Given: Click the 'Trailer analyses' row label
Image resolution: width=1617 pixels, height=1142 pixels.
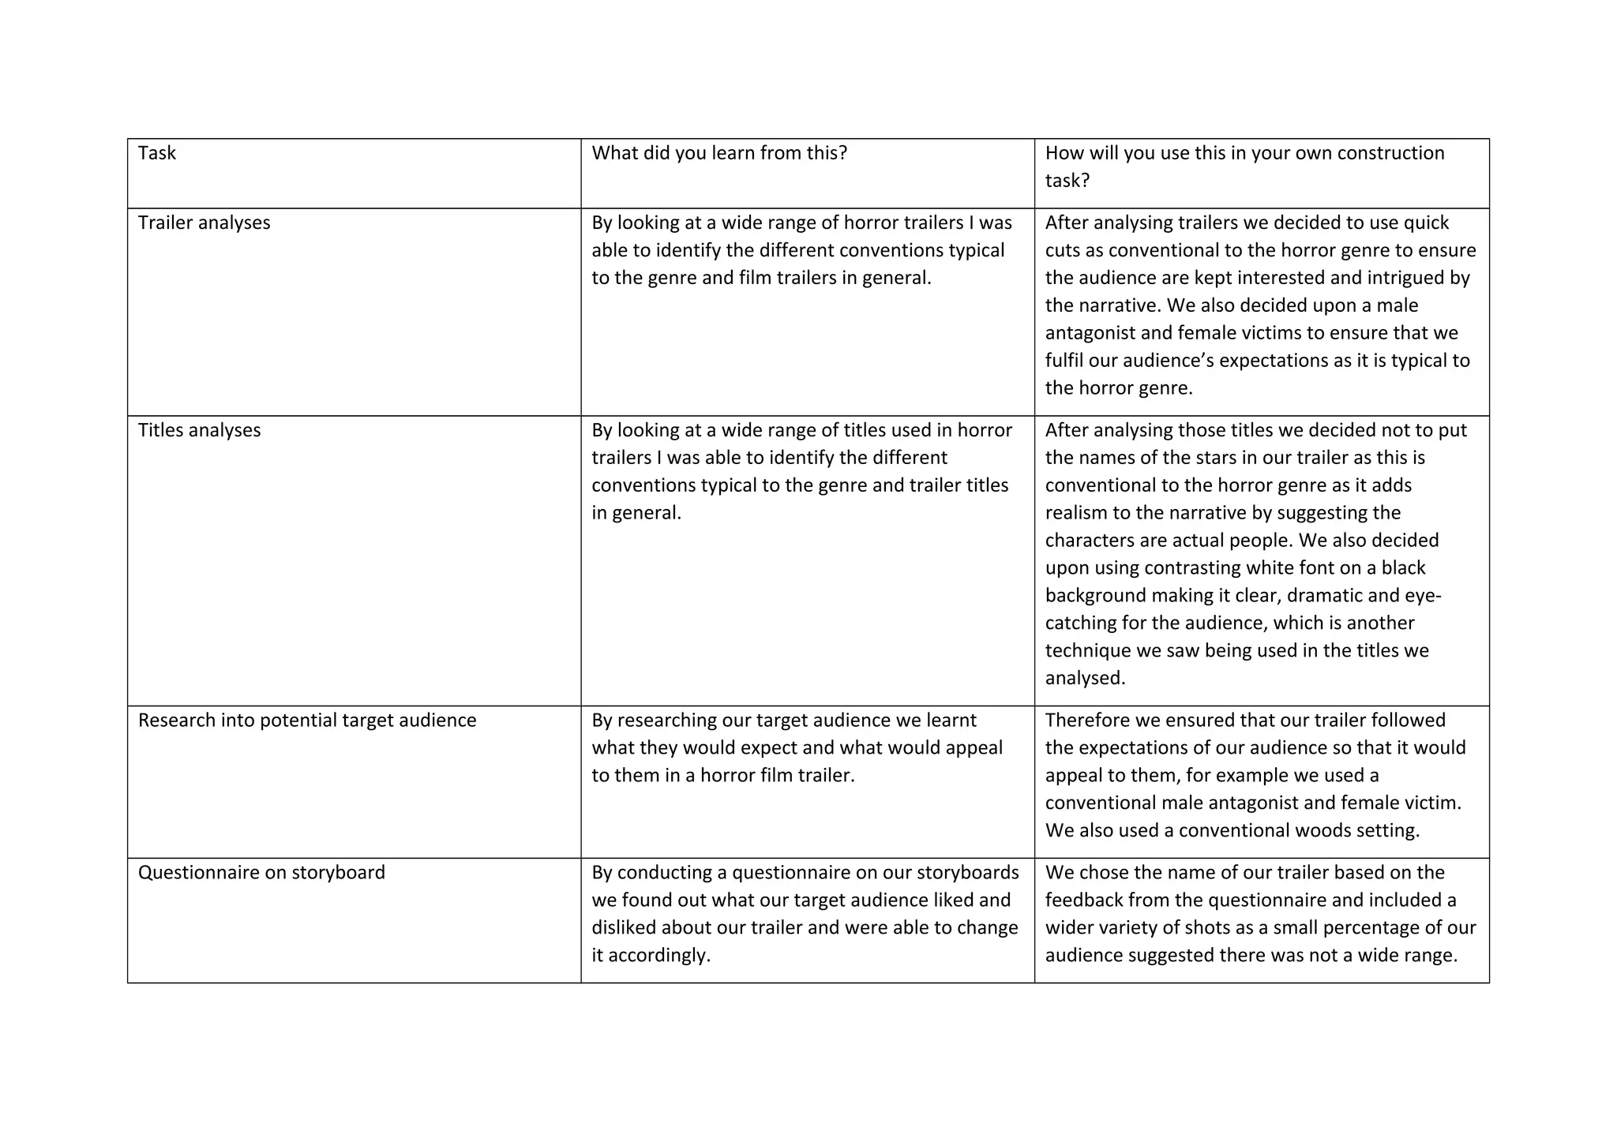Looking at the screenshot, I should coord(204,223).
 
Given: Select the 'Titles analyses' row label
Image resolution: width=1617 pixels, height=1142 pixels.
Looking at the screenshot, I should coord(199,430).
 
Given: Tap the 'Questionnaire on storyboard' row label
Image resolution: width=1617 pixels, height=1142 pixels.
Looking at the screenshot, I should coord(261,872).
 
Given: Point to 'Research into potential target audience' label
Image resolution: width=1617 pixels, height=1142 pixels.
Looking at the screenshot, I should coord(307,720).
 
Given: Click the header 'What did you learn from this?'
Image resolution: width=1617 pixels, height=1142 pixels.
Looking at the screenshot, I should coord(719,152).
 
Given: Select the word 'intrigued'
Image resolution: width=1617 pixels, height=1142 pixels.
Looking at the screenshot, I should coord(1383,278).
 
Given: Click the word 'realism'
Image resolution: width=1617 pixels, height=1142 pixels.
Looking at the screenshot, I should coord(1075,513).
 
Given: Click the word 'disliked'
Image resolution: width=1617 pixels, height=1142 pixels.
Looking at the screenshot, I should coord(624,927).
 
